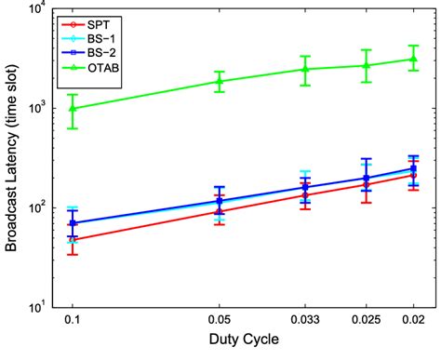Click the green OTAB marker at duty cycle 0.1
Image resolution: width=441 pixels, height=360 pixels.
click(x=73, y=108)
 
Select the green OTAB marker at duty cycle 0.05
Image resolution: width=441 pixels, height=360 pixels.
click(x=220, y=81)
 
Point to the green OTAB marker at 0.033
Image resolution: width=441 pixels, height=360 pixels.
click(x=305, y=69)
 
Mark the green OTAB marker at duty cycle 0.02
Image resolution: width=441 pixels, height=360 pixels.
click(x=414, y=59)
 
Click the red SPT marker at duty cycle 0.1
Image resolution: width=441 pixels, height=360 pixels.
click(x=73, y=240)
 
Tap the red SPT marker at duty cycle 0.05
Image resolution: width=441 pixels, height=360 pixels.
click(x=220, y=211)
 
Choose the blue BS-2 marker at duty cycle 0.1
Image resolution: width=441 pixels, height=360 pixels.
click(x=73, y=223)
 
